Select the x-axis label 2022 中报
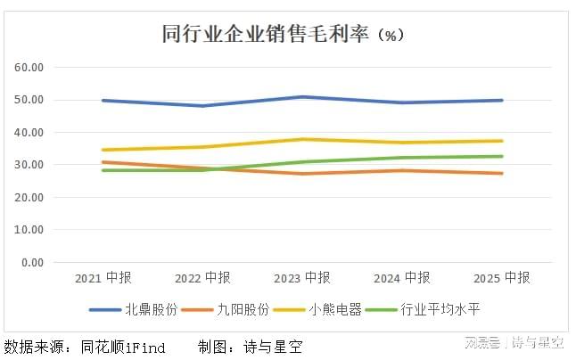pyautogui.click(x=202, y=278)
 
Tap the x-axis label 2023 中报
pyautogui.click(x=302, y=278)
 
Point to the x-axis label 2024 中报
pyautogui.click(x=402, y=278)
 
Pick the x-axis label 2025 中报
pyautogui.click(x=502, y=278)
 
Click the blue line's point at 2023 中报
pyautogui.click(x=302, y=96)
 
